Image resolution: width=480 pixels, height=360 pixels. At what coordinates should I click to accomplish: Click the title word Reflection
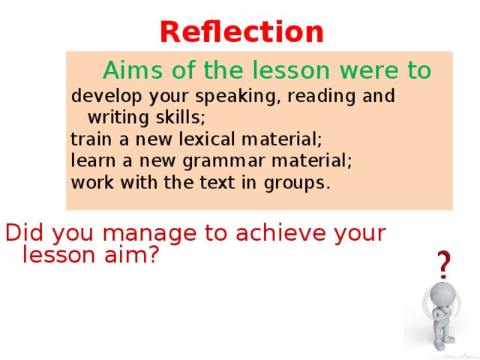point(241,31)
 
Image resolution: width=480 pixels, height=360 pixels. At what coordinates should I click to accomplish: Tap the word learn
point(89,160)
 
